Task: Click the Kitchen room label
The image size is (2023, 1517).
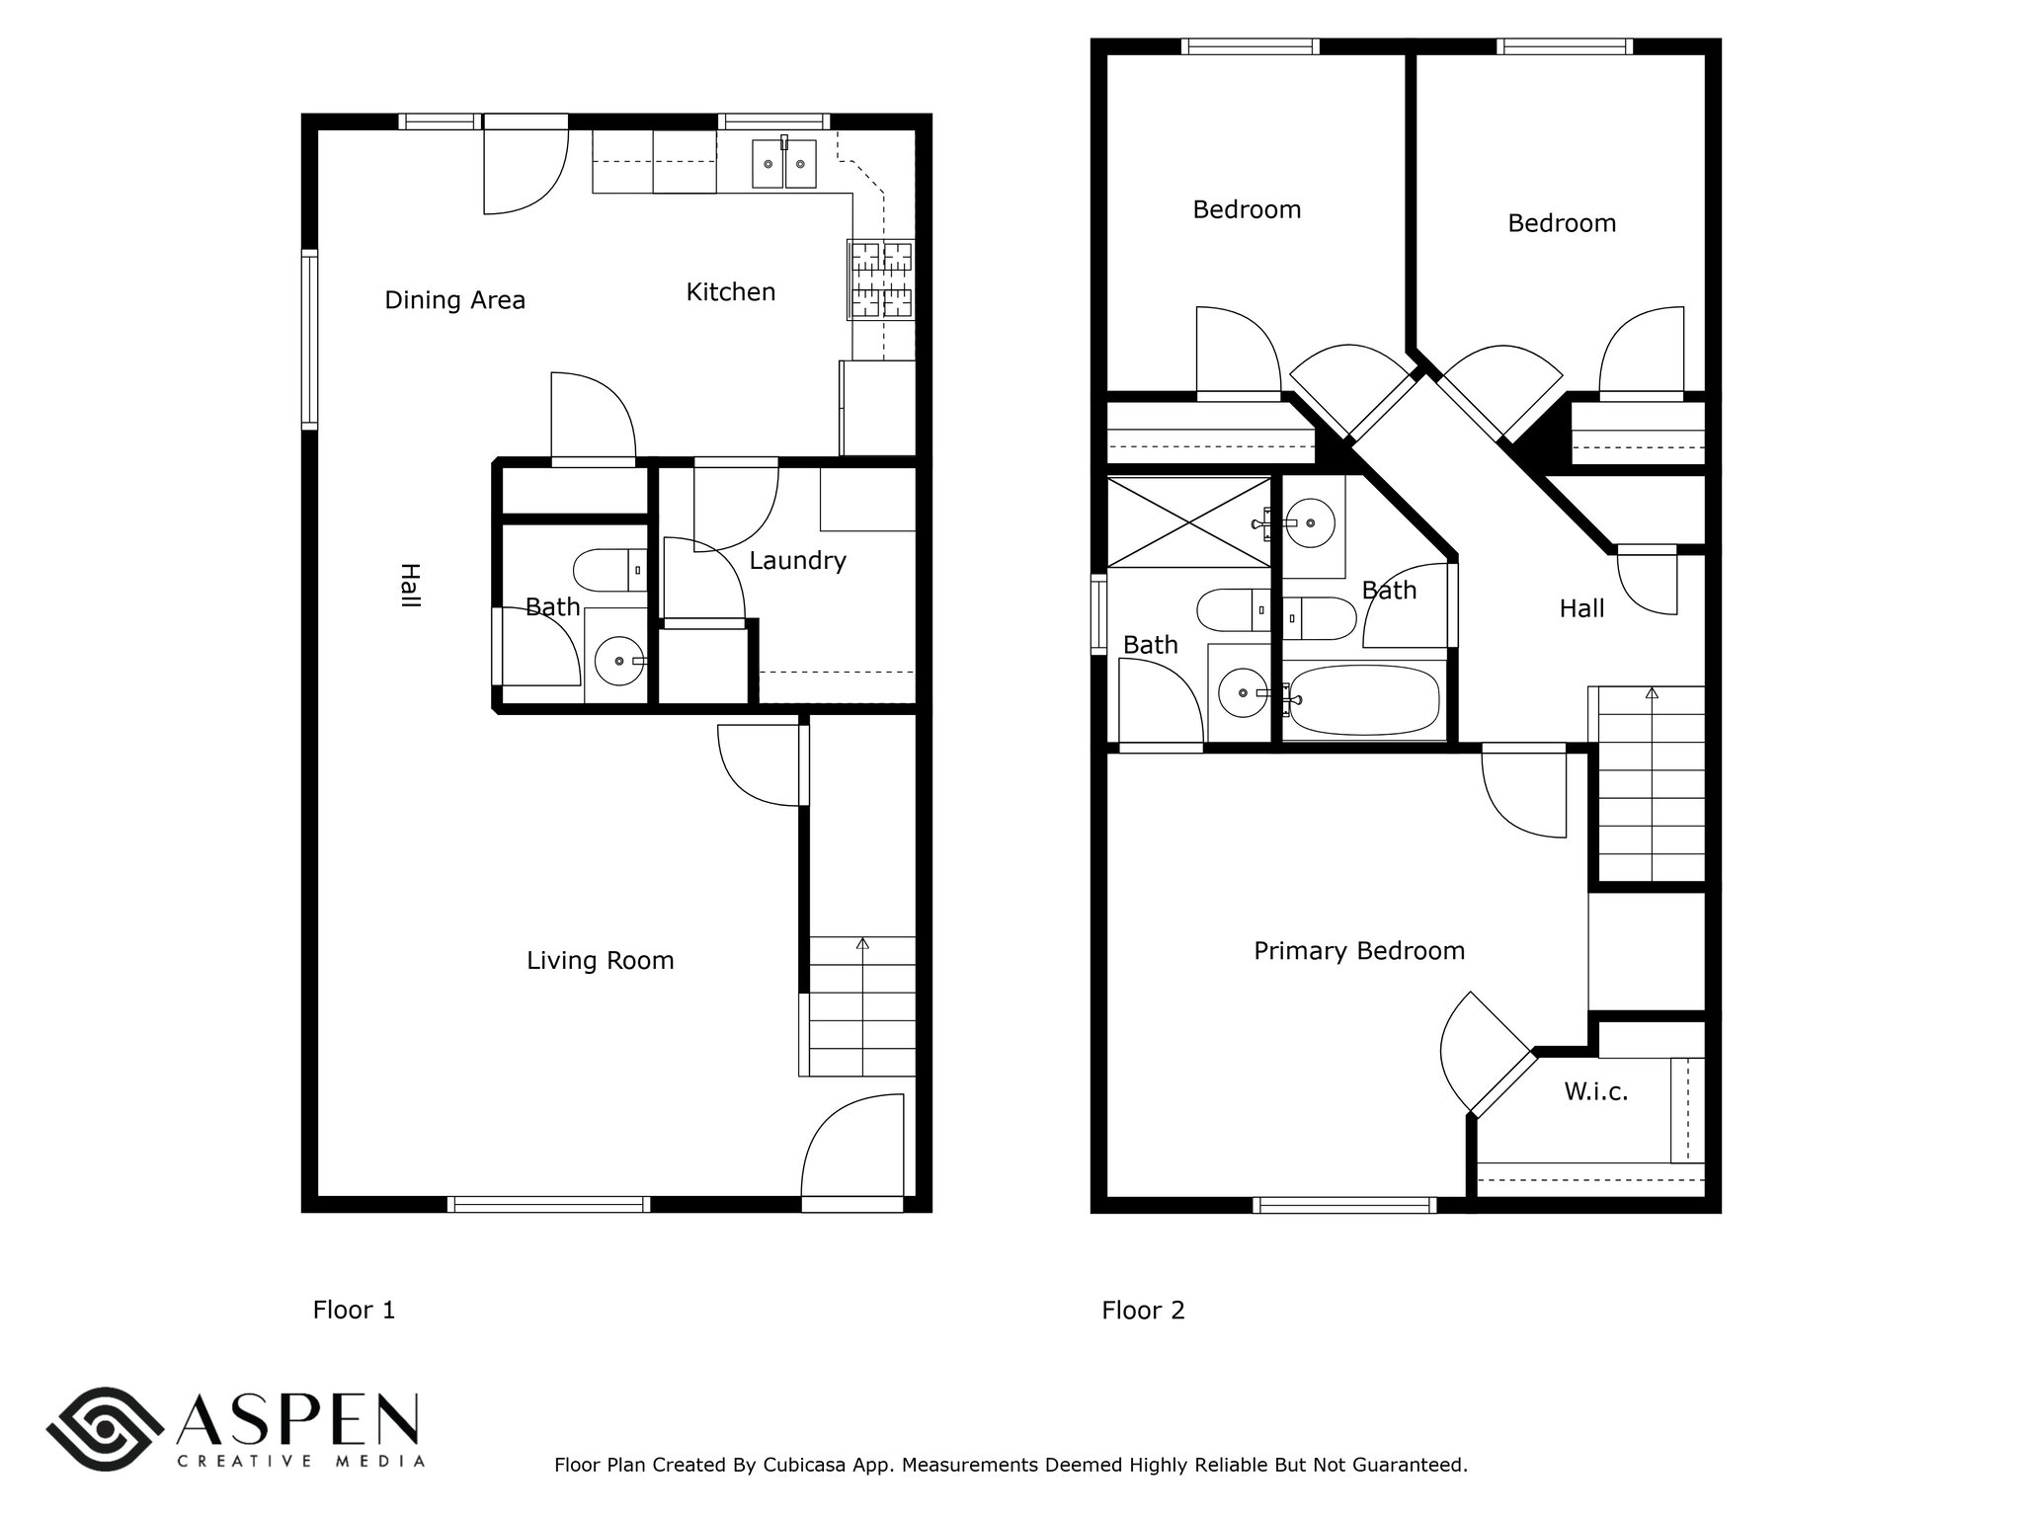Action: [x=731, y=291]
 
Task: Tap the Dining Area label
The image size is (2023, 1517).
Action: [x=454, y=300]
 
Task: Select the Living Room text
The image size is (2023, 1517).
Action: [x=600, y=961]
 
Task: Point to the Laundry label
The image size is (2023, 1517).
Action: [x=797, y=561]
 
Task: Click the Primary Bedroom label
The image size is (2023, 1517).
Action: [x=1359, y=951]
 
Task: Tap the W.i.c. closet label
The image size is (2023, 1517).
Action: [x=1596, y=1091]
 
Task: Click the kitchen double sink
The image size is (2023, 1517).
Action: [x=784, y=163]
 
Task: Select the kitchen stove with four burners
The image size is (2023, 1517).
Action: [x=880, y=279]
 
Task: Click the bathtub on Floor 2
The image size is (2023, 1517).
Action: [x=1363, y=699]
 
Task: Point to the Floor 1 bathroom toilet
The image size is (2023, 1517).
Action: [x=609, y=570]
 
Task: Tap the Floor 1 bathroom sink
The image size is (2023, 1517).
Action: [x=619, y=661]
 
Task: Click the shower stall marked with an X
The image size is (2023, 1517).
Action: [x=1189, y=522]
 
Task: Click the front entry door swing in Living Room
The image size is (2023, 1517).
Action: [x=851, y=1146]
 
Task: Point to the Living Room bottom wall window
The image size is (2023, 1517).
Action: [x=548, y=1204]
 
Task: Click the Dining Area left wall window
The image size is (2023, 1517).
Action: [x=310, y=340]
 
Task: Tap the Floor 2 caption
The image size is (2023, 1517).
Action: [x=1143, y=1311]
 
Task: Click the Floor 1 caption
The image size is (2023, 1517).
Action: [x=354, y=1311]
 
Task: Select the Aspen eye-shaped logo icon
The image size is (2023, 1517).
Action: [x=105, y=1429]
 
